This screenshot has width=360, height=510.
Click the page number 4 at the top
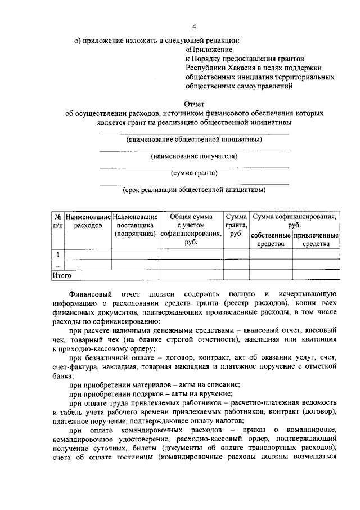click(x=195, y=26)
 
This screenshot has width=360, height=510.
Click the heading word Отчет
click(x=194, y=104)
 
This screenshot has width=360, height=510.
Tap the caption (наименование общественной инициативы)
click(x=194, y=140)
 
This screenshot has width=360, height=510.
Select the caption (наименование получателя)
click(x=194, y=156)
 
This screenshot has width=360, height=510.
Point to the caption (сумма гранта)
click(x=194, y=173)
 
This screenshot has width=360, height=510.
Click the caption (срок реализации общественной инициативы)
click(x=194, y=190)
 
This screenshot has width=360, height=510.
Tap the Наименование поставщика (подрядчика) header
click(x=135, y=225)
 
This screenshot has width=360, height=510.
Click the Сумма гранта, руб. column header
click(x=236, y=225)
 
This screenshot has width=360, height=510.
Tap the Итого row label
click(x=62, y=275)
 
